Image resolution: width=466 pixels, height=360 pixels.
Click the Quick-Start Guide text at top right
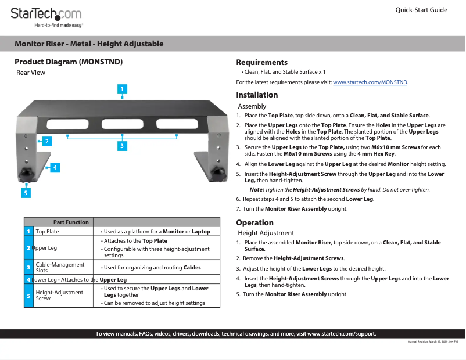coord(421,10)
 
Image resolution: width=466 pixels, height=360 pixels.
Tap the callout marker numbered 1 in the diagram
coord(122,89)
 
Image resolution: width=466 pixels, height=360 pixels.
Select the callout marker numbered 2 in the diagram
coord(45,141)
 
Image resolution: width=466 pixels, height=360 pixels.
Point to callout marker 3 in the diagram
coord(122,146)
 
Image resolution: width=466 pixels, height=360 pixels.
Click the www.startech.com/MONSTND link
coord(370,83)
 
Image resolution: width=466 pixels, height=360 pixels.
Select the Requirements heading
coord(261,62)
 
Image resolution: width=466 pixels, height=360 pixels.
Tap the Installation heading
coord(257,95)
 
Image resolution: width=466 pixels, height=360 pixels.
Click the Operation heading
coord(254,222)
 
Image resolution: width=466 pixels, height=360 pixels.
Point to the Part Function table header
coord(71,222)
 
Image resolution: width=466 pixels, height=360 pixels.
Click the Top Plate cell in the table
coord(47,232)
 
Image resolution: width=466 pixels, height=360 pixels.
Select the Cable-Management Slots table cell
coord(60,268)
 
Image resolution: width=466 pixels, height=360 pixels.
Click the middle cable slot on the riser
coord(122,124)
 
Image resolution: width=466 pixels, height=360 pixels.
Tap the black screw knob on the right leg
coord(220,172)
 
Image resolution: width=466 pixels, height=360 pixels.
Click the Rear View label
coord(31,73)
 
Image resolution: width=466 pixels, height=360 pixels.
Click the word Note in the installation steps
coord(256,190)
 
